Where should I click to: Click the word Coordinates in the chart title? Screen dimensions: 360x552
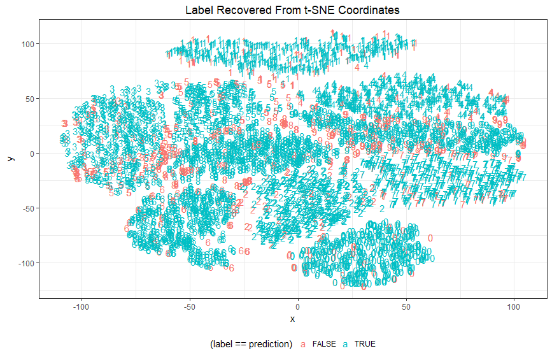tap(365, 10)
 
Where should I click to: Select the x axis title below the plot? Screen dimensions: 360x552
tap(292, 318)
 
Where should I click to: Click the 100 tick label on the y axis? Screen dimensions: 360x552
tap(27, 44)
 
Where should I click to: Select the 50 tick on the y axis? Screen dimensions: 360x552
tap(29, 99)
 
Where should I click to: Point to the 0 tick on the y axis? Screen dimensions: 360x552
tap(32, 154)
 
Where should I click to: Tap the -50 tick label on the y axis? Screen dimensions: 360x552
tap(28, 208)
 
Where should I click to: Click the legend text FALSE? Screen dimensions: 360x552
tap(324, 344)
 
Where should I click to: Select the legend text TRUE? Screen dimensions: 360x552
tap(365, 344)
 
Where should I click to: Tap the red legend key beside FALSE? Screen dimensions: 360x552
tap(303, 344)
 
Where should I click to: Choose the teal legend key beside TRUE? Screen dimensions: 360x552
tap(345, 344)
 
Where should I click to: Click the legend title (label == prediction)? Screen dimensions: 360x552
tap(250, 344)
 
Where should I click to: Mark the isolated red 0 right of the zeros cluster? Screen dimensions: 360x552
tap(430, 238)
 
